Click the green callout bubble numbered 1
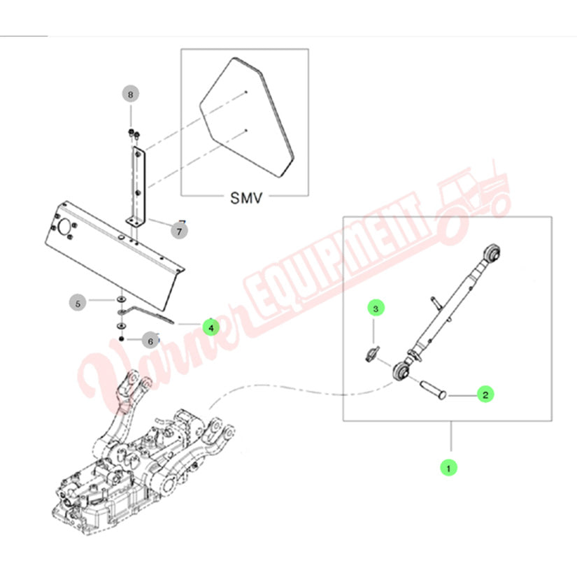[448, 468]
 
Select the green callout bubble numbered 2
[485, 394]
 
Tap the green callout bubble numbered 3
[376, 308]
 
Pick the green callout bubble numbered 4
[211, 327]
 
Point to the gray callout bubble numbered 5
[78, 304]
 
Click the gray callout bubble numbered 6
[150, 341]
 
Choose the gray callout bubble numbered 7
[179, 231]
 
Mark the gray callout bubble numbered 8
[130, 94]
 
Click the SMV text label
[246, 198]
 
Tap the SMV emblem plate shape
[247, 117]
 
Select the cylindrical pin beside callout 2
[433, 390]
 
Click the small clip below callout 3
[372, 353]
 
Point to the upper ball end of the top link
[491, 252]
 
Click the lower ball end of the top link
[401, 371]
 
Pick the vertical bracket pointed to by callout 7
[137, 187]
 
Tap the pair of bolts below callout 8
[134, 134]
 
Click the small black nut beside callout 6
[122, 339]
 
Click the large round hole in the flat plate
[65, 226]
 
